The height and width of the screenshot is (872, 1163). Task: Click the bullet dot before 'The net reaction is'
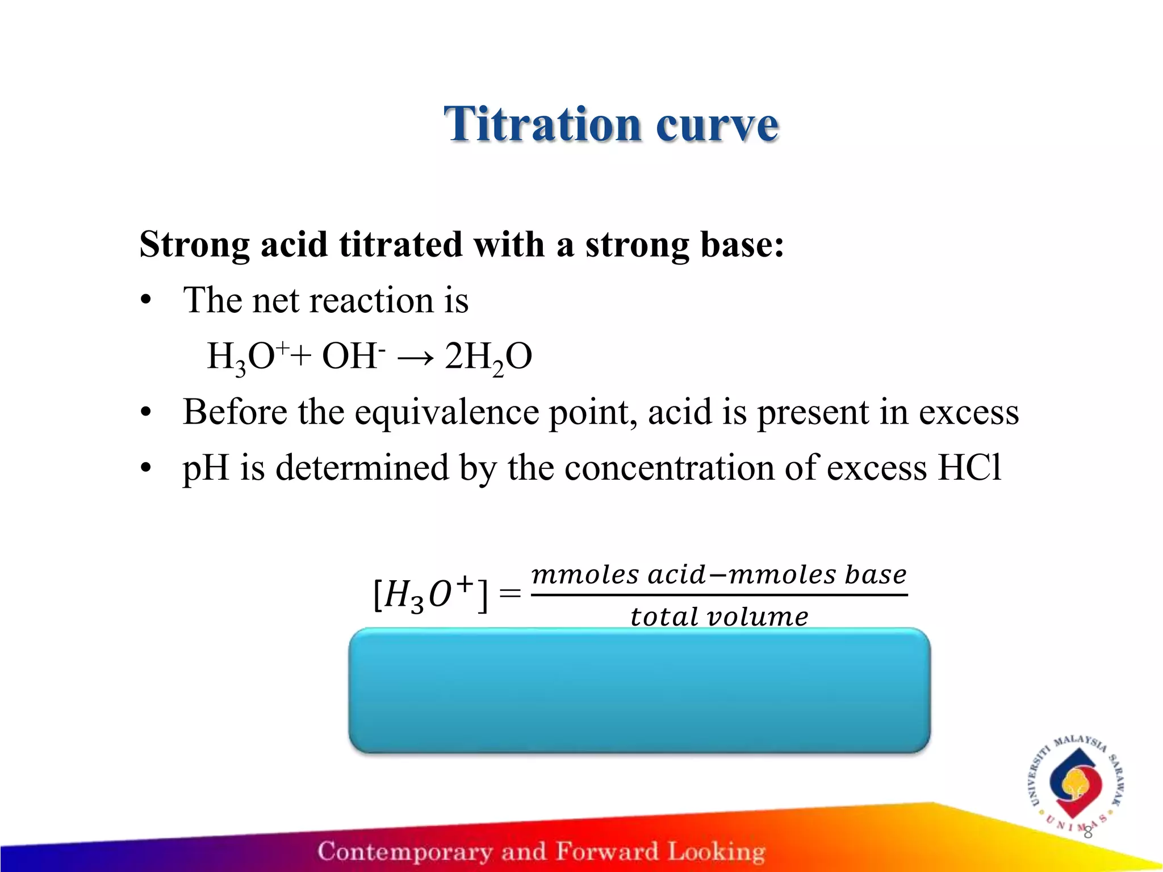147,300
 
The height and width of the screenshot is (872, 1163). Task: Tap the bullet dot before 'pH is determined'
147,468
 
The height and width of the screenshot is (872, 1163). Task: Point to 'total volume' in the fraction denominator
719,617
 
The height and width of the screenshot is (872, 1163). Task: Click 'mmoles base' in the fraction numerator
818,575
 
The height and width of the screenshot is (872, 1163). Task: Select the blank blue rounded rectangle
639,690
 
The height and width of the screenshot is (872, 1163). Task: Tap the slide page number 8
1087,833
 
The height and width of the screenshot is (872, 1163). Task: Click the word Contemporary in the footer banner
405,851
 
